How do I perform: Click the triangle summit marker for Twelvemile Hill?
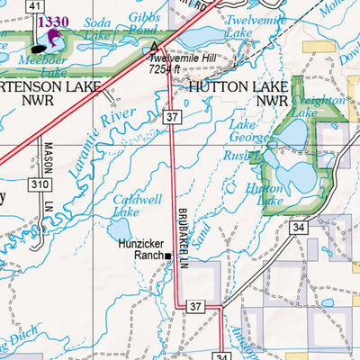[157, 46]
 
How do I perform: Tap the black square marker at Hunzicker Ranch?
[167, 256]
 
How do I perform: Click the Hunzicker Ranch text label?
[140, 249]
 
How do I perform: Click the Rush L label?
[244, 154]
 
